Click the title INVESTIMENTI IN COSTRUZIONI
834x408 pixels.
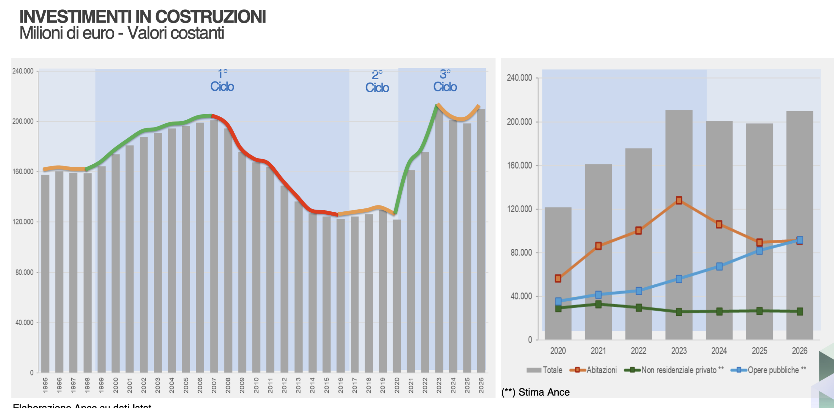[x=142, y=17]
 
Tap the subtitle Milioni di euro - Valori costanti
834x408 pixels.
[x=122, y=33]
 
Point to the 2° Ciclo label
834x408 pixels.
[x=377, y=82]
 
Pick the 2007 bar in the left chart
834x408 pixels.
[x=214, y=245]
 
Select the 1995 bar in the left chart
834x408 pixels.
[x=45, y=274]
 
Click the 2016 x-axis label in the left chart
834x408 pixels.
[x=340, y=385]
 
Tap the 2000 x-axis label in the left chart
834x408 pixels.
[x=116, y=385]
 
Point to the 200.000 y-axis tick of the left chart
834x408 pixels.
[x=23, y=121]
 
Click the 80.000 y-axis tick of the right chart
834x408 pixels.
[x=521, y=253]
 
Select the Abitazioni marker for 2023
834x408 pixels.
[x=679, y=200]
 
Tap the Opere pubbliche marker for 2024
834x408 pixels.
[x=719, y=266]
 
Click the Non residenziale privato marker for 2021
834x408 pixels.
[x=598, y=304]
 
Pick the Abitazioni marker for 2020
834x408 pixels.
[x=558, y=279]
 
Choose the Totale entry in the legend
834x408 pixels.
[x=545, y=370]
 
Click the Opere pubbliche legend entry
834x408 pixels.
[x=769, y=370]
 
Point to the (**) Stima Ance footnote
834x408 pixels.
[x=536, y=392]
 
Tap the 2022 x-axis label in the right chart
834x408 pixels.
[x=639, y=351]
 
